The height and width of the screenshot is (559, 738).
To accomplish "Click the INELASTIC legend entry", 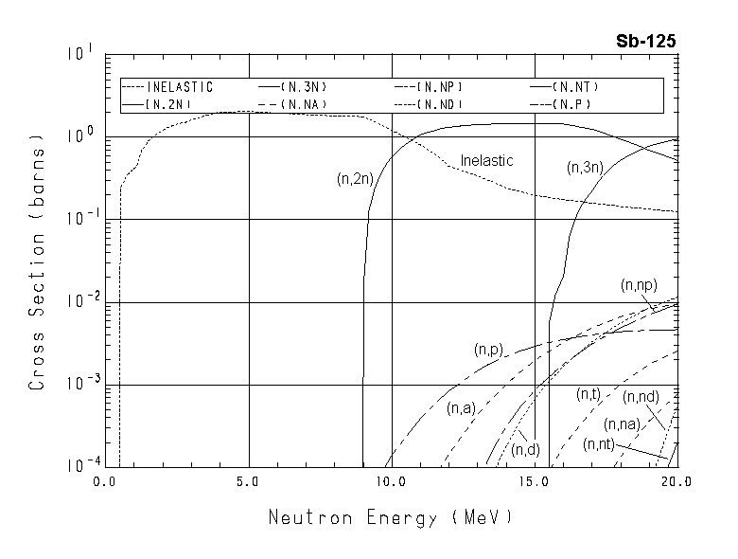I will [x=180, y=87].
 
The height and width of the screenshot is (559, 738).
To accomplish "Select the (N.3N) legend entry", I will [x=305, y=87].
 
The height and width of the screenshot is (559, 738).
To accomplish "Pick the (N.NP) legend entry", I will [x=441, y=87].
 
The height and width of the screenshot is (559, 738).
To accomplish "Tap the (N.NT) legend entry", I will [x=577, y=87].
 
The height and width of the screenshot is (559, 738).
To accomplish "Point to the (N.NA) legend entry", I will [x=305, y=103].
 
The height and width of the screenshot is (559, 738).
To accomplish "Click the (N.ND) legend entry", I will [x=441, y=103].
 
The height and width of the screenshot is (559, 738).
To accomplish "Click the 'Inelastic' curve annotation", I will [x=486, y=161].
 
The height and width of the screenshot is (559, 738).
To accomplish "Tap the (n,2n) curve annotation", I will [x=355, y=178].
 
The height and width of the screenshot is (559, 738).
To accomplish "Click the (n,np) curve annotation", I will [x=639, y=284].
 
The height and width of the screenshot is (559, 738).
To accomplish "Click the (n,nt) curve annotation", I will [x=602, y=444].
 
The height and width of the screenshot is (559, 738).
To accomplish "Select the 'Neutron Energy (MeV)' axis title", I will [x=391, y=518].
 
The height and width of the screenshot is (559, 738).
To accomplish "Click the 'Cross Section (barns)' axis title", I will [x=38, y=261].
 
